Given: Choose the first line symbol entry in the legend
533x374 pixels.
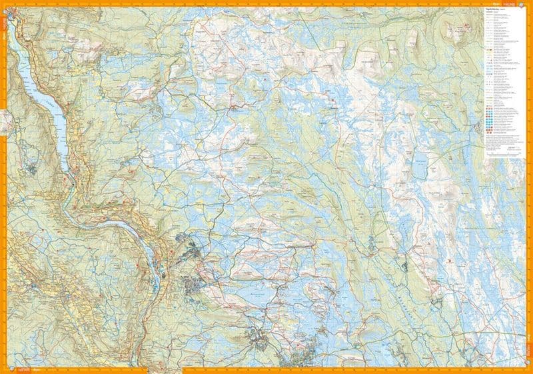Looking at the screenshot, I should coord(490,13).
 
